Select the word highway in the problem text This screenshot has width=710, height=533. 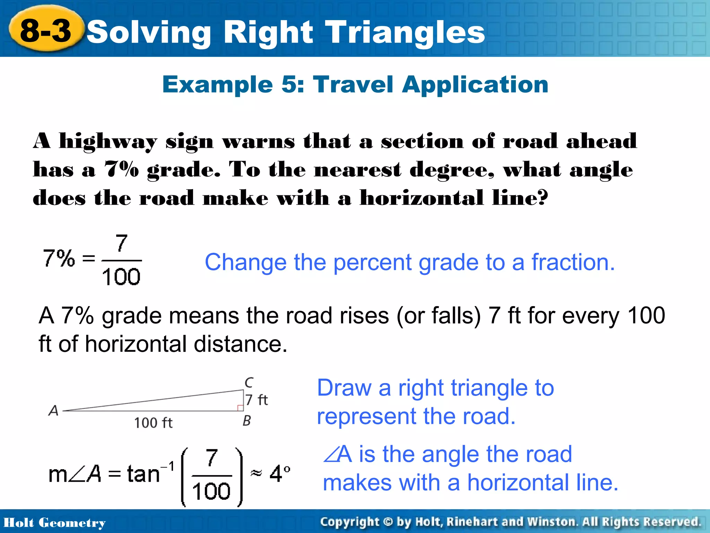click(108, 142)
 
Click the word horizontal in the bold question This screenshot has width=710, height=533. click(421, 198)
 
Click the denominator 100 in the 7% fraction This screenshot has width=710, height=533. click(121, 277)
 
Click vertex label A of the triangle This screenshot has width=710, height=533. click(53, 411)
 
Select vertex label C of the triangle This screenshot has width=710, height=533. click(249, 382)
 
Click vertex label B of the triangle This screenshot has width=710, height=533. click(246, 421)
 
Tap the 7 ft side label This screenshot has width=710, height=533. click(257, 400)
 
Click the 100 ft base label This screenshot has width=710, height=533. click(153, 423)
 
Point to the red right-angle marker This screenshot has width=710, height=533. click(240, 408)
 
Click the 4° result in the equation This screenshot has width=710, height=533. click(279, 474)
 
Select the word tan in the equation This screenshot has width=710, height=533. click(143, 474)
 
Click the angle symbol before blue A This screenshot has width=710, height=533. click(330, 454)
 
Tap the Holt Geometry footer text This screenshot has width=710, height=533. click(54, 523)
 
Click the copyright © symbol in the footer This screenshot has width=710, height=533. click(388, 522)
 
